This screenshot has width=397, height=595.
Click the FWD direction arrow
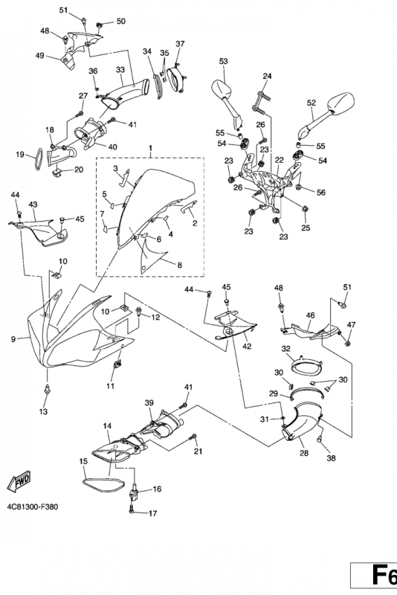(x=19, y=482)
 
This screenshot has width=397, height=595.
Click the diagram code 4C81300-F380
(x=33, y=506)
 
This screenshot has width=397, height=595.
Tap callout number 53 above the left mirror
(x=223, y=61)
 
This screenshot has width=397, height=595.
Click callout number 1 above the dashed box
(x=150, y=147)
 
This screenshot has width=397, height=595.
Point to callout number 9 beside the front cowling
(x=13, y=339)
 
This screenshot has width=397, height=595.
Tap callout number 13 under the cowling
(x=44, y=411)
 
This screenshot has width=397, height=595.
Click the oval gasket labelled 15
(x=103, y=485)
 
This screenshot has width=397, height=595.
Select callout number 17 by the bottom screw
(x=152, y=513)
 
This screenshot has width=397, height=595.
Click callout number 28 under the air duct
(x=304, y=453)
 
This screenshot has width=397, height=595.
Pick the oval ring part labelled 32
(x=307, y=367)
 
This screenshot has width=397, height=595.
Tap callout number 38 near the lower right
(x=331, y=458)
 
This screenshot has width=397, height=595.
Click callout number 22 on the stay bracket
(x=280, y=160)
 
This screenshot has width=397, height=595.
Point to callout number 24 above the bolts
(x=268, y=76)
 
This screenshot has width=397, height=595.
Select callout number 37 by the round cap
(x=180, y=44)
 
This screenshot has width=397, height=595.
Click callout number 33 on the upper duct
(x=120, y=70)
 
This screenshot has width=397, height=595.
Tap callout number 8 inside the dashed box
(x=179, y=265)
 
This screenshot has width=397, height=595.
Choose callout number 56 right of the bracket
(x=321, y=193)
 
